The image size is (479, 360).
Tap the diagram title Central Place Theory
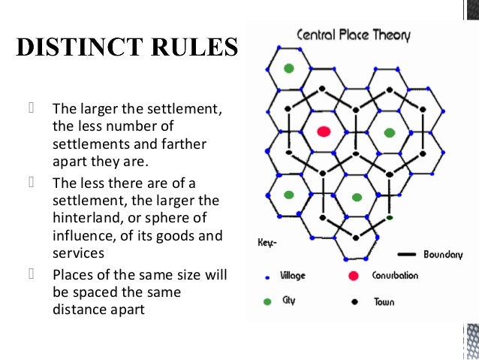click(354, 35)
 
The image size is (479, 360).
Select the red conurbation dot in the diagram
click(324, 132)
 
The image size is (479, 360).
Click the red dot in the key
click(353, 276)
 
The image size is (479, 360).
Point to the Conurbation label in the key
click(396, 276)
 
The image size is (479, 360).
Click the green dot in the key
click(267, 301)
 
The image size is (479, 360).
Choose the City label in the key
click(289, 301)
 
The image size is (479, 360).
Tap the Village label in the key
click(293, 276)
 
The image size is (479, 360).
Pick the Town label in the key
click(384, 302)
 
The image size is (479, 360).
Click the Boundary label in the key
click(443, 254)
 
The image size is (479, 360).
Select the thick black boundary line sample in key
click(407, 254)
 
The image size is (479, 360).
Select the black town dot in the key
click(353, 302)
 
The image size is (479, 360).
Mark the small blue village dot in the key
click(267, 277)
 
